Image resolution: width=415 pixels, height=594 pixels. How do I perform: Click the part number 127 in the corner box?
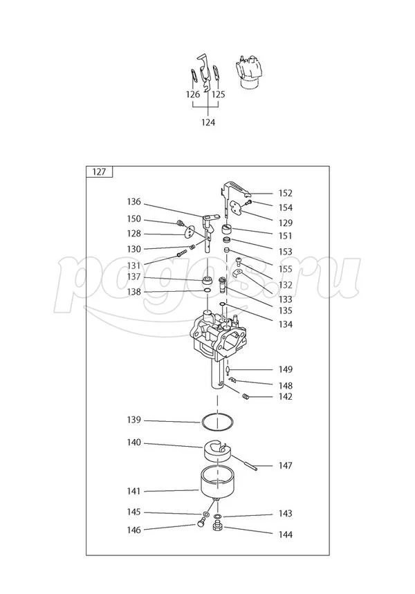pyautogui.click(x=99, y=172)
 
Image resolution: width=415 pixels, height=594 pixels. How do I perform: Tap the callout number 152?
pyautogui.click(x=286, y=193)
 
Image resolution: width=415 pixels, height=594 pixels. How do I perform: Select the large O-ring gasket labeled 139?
pyautogui.click(x=217, y=422)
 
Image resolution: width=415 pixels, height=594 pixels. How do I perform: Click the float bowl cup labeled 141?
pyautogui.click(x=217, y=482)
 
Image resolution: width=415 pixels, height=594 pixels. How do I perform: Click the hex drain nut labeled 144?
pyautogui.click(x=217, y=526)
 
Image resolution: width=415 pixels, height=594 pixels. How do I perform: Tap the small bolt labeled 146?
pyautogui.click(x=201, y=523)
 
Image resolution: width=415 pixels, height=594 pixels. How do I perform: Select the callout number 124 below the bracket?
pyautogui.click(x=208, y=122)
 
